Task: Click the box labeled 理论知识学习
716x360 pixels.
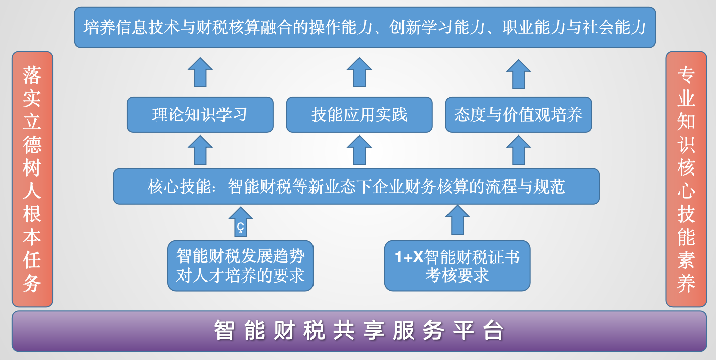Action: pos(200,115)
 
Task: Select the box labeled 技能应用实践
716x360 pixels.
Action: pos(359,115)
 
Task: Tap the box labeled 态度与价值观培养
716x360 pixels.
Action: pos(518,115)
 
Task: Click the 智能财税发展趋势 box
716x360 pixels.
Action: pos(240,265)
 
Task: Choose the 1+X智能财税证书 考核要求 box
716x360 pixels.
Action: pos(457,265)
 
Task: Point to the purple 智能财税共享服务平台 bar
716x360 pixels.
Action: pos(359,331)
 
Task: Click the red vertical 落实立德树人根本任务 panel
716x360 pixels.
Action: pos(32,179)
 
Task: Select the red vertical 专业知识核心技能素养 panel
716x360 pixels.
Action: pos(686,179)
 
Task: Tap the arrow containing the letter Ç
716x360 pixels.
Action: pos(241,221)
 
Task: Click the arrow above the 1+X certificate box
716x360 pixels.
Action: pos(457,219)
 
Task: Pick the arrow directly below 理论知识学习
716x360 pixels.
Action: pos(200,150)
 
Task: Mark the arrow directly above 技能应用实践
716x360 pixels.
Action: pos(359,72)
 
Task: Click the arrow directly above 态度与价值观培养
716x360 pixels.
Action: pos(518,74)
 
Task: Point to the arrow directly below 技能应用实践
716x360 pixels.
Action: pos(359,150)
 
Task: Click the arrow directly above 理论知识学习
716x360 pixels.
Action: pos(200,72)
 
